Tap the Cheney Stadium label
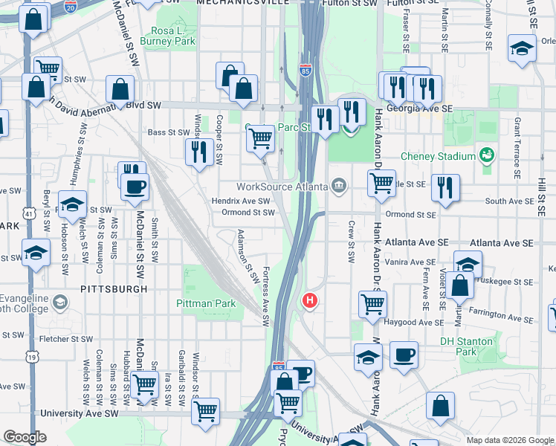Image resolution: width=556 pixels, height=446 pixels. point(438,157)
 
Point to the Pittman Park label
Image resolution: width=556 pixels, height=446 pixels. point(206,303)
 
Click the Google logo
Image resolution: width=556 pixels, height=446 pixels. point(25,437)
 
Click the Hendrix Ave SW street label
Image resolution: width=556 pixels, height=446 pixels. point(241,201)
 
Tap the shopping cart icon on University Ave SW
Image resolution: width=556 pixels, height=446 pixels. point(205,410)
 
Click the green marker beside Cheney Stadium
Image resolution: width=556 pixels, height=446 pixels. point(486,155)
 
